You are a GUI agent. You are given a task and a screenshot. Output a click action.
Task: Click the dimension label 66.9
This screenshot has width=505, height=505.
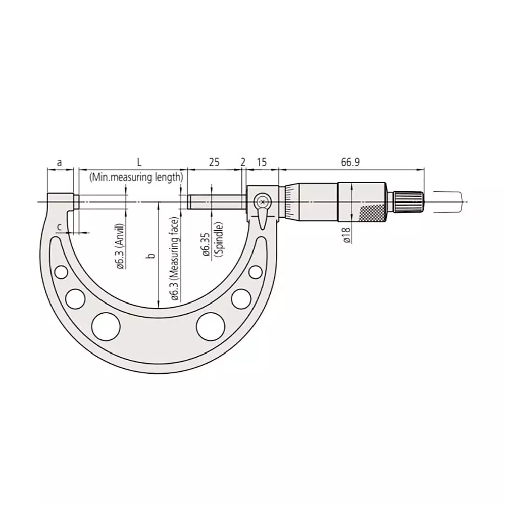coord(351,163)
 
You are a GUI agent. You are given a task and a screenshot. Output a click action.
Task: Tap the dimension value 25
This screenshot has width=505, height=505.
coord(214,163)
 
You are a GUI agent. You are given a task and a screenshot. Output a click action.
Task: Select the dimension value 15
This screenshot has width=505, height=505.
coord(262,163)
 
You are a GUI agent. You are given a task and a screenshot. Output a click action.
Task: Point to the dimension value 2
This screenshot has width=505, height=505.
coord(243,163)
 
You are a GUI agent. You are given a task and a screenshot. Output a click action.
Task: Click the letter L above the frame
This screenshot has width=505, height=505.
coord(139,163)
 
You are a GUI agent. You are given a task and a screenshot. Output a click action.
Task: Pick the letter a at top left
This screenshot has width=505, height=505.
coord(60,163)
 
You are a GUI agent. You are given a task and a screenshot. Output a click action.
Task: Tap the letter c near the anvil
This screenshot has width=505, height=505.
coord(59,227)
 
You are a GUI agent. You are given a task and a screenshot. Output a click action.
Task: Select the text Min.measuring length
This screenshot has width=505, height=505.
coord(136,177)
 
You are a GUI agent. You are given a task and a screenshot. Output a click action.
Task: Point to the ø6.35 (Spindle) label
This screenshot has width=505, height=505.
coord(211,241)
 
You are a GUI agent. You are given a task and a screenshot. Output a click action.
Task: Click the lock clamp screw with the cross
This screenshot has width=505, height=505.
coord(262,202)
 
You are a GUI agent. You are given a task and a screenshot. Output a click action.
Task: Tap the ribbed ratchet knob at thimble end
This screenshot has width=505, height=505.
coord(409,202)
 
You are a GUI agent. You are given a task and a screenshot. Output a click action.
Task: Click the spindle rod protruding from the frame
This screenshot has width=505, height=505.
coord(216,202)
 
